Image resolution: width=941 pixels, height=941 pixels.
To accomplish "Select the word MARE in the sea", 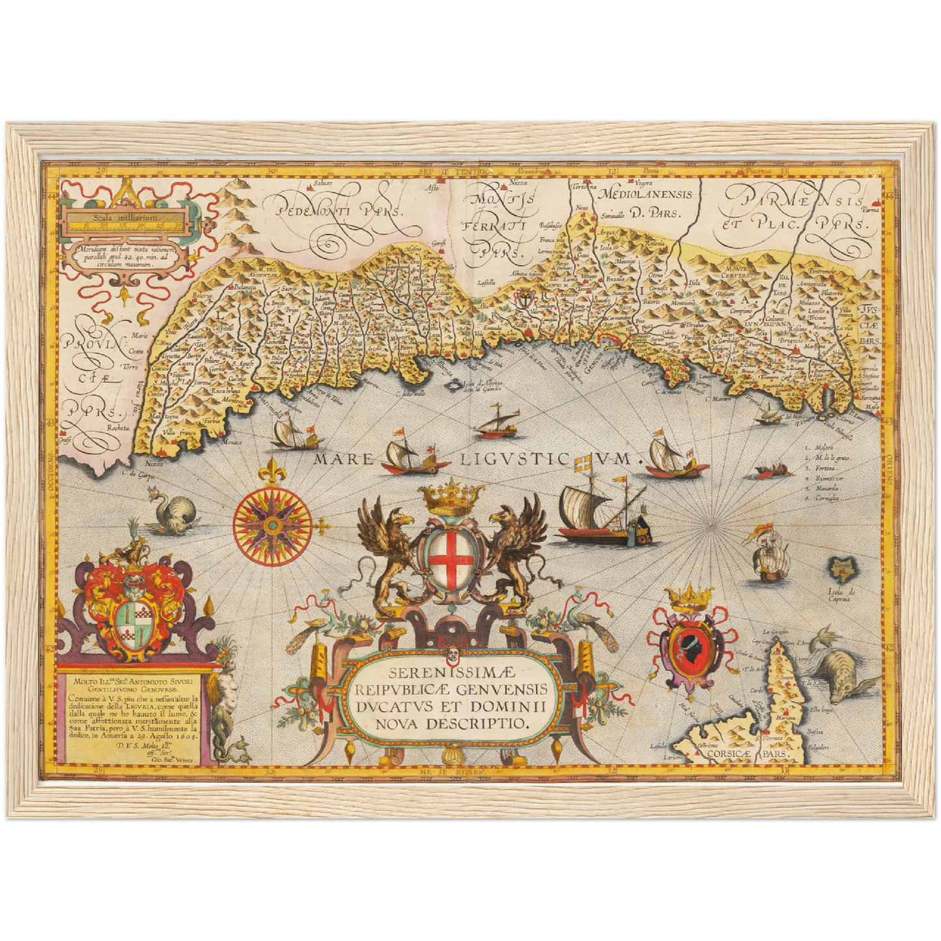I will (344, 460).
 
